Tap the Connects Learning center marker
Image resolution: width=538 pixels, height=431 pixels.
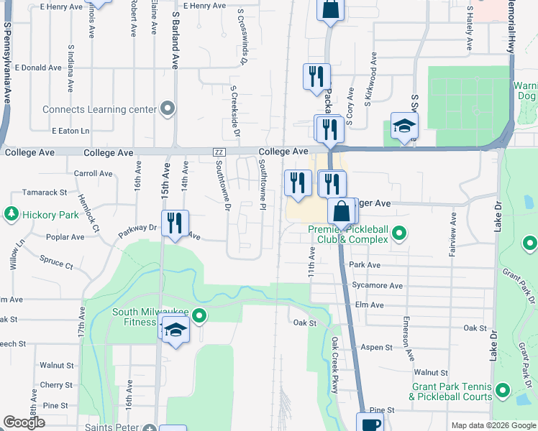click(168, 109)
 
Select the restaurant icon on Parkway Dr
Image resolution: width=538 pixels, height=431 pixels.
click(175, 223)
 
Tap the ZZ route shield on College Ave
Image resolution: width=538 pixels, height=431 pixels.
click(219, 152)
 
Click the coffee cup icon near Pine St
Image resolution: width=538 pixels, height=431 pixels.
click(371, 424)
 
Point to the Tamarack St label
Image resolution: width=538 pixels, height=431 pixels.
click(44, 193)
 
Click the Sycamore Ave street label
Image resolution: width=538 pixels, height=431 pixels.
click(378, 285)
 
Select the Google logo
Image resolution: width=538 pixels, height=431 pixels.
click(24, 422)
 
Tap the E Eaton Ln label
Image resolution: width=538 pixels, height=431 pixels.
click(70, 131)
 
